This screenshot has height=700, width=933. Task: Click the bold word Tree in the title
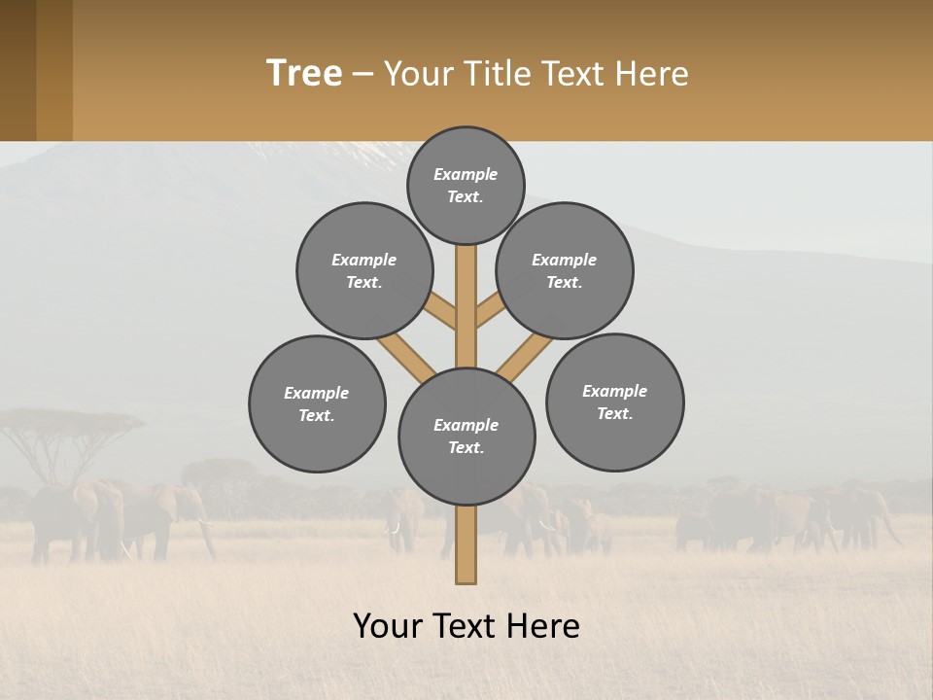coord(304,74)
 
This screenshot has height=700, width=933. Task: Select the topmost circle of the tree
coord(466,185)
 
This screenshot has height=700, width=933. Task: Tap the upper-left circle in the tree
coord(364,270)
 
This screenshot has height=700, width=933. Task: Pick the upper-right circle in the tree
coord(565,270)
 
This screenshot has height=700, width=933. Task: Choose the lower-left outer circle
coord(317,403)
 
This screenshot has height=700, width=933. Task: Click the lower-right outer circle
coord(614,402)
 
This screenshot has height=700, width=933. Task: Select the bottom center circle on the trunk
coord(466,436)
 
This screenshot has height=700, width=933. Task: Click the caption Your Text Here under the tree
coord(466,626)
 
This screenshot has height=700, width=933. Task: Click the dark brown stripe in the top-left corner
coord(17,70)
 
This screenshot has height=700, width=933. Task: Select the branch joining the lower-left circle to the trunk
coord(405,356)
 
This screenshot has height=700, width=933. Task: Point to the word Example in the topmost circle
coord(466,174)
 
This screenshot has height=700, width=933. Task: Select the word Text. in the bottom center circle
coord(466,447)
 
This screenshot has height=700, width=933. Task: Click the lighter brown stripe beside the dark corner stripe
coord(54,70)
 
